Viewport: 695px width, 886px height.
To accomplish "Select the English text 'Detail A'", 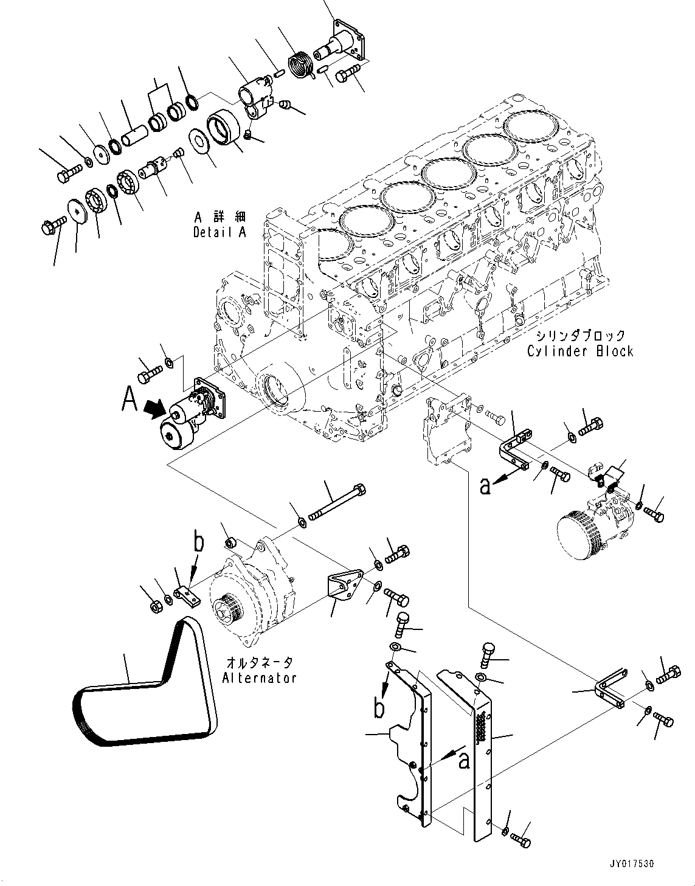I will pos(220,232).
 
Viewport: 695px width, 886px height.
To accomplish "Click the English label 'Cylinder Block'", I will pos(580,351).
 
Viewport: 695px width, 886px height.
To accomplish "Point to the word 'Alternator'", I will pos(259,677).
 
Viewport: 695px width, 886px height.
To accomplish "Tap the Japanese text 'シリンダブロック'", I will pos(580,336).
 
